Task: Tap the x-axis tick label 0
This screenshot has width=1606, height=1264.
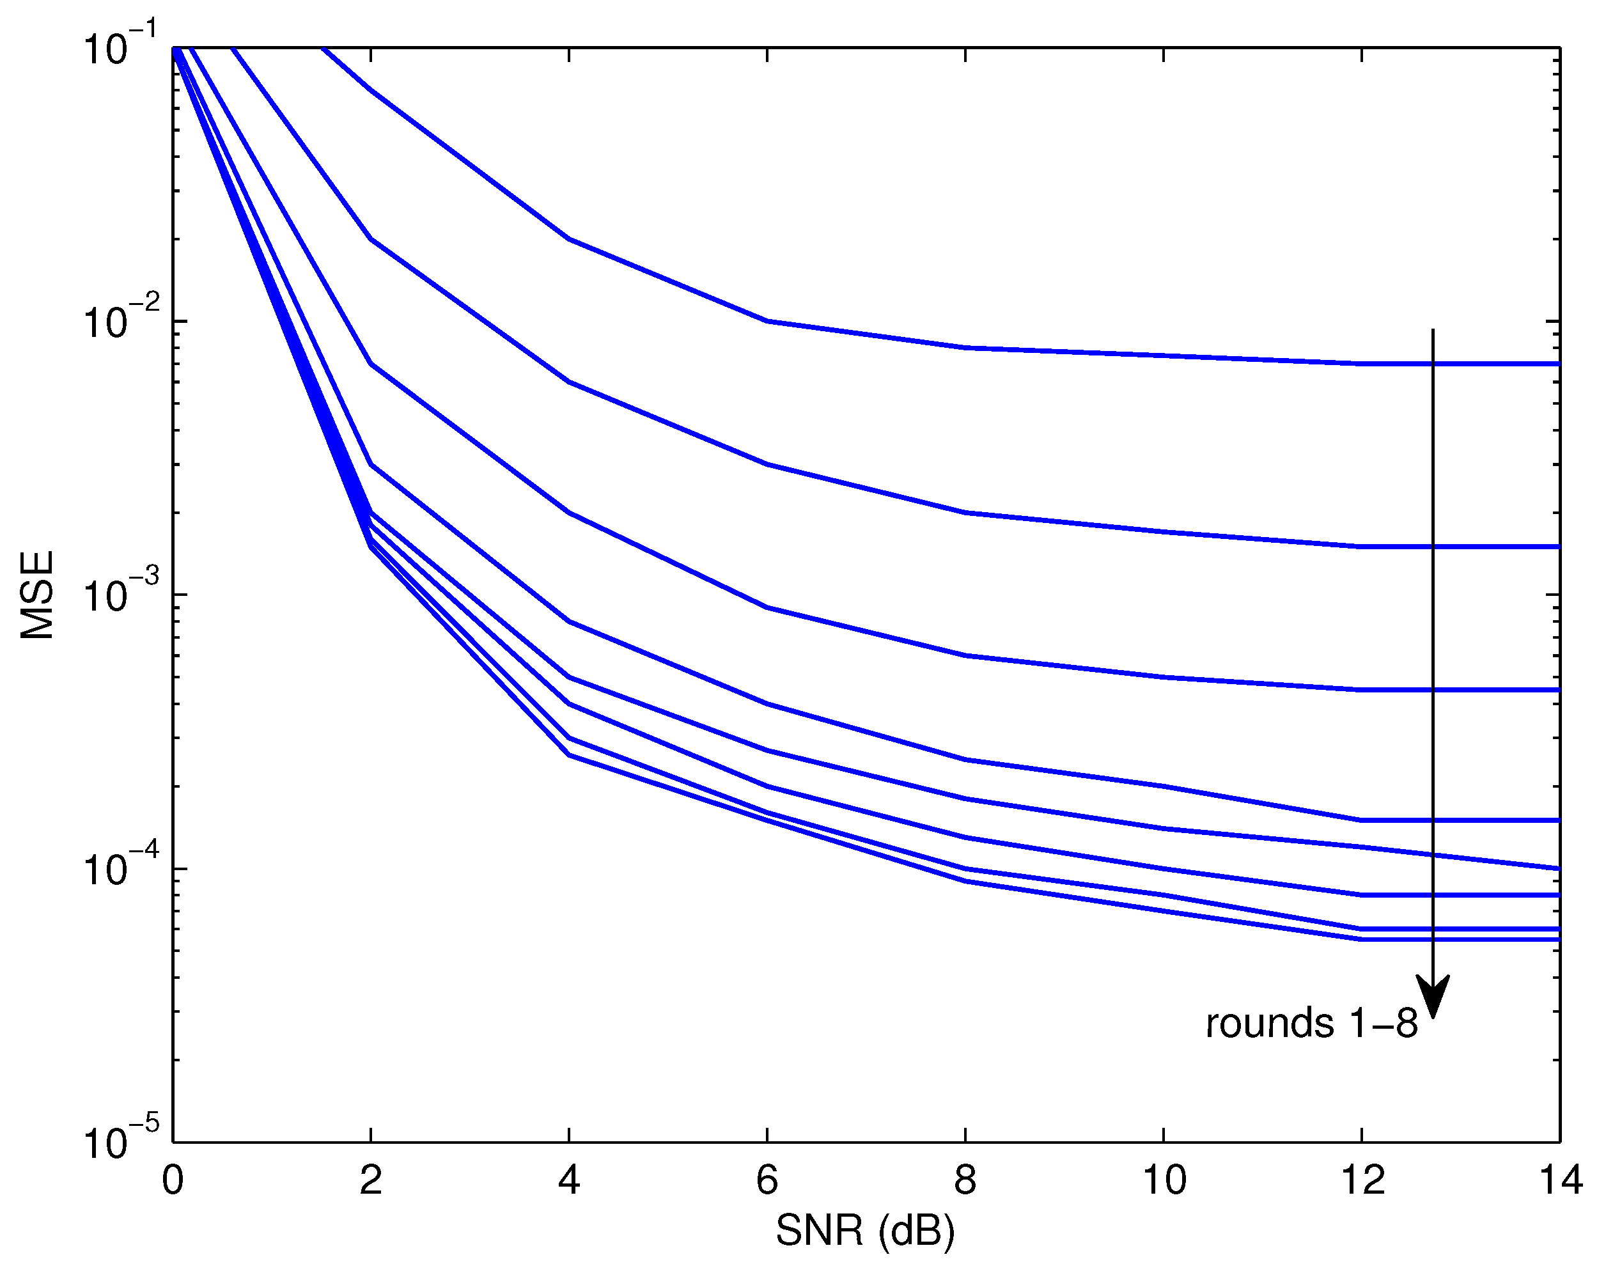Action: click(173, 1180)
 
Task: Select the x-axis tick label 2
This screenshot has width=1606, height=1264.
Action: click(371, 1180)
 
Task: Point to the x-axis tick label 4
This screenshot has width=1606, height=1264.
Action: click(568, 1180)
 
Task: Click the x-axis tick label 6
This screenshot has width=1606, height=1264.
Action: click(767, 1180)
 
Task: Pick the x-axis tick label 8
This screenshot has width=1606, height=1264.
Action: click(965, 1180)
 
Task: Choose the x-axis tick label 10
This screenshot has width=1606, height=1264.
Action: click(1164, 1180)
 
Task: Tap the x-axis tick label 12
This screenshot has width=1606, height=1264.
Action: click(1362, 1180)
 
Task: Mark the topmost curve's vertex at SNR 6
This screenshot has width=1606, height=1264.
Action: click(767, 321)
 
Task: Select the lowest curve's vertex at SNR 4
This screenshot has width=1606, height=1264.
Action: click(569, 755)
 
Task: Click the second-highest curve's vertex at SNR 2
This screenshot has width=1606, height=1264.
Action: click(371, 239)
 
